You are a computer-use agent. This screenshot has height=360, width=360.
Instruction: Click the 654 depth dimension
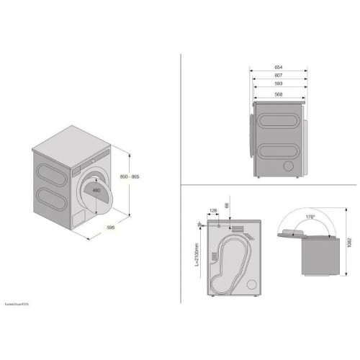278,66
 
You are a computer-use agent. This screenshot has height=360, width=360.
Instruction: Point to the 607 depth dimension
278,75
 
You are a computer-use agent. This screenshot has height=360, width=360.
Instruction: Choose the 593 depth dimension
278,84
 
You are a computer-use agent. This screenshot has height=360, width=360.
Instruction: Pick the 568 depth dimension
278,92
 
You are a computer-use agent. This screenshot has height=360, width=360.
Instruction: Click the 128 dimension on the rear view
212,211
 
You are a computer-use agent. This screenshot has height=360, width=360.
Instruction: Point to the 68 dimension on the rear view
228,207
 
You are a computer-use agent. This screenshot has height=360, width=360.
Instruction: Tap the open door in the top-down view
290,233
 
